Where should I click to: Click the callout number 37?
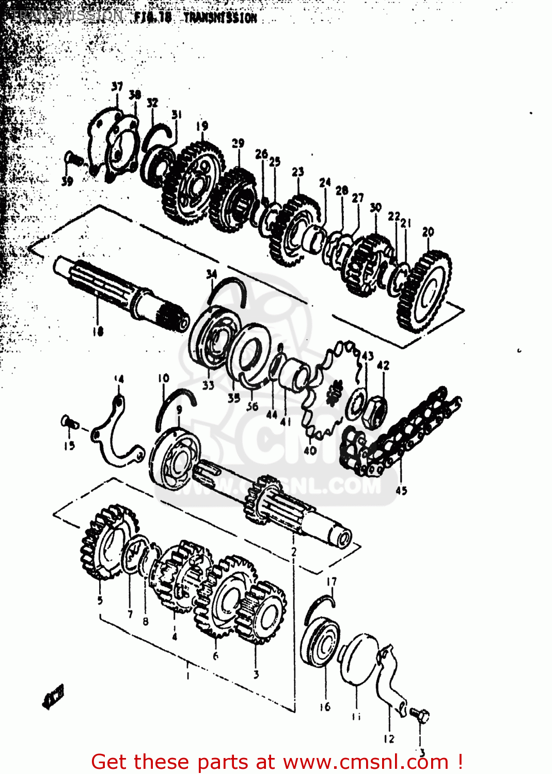(x=117, y=87)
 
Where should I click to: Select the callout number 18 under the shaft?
(x=98, y=331)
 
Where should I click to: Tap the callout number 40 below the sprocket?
(x=310, y=450)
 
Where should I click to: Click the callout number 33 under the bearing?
(x=208, y=385)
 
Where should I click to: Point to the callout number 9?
(x=179, y=409)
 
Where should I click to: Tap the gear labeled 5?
(x=106, y=542)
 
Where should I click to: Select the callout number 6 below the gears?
(x=215, y=656)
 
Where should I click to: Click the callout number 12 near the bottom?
(x=389, y=739)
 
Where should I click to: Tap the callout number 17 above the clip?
(x=332, y=582)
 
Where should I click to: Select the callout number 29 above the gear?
(x=238, y=143)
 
